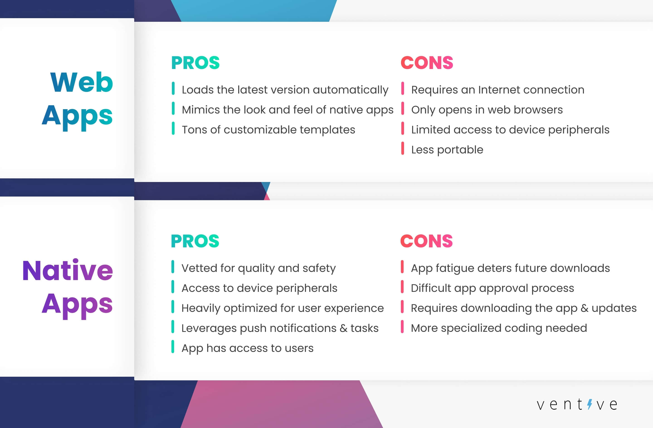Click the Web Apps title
click(77, 99)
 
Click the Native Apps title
click(68, 287)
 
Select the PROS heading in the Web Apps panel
click(195, 63)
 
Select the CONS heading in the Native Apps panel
click(426, 241)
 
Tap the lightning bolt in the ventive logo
click(589, 404)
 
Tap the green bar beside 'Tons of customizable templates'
click(173, 128)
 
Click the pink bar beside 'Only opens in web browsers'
click(402, 108)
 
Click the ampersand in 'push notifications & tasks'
click(343, 328)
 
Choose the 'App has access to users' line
click(247, 348)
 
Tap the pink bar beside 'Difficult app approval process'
click(402, 287)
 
